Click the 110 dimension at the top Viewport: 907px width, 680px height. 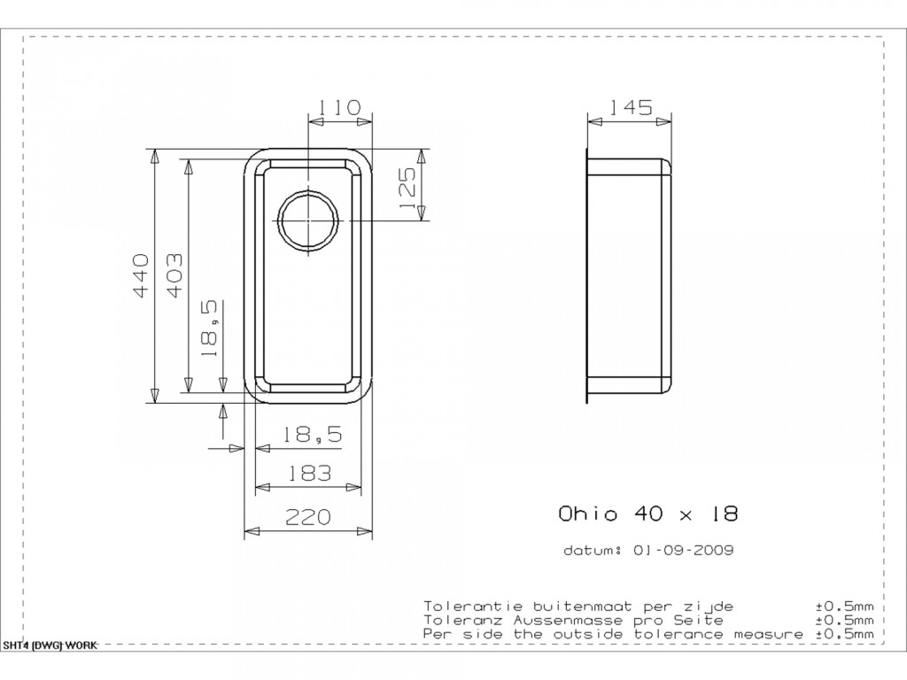[339, 107]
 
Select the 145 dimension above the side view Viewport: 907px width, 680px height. [631, 107]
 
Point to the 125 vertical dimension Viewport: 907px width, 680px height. [407, 189]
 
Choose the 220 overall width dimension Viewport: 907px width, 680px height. [308, 516]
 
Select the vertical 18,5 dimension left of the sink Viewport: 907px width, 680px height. [209, 328]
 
